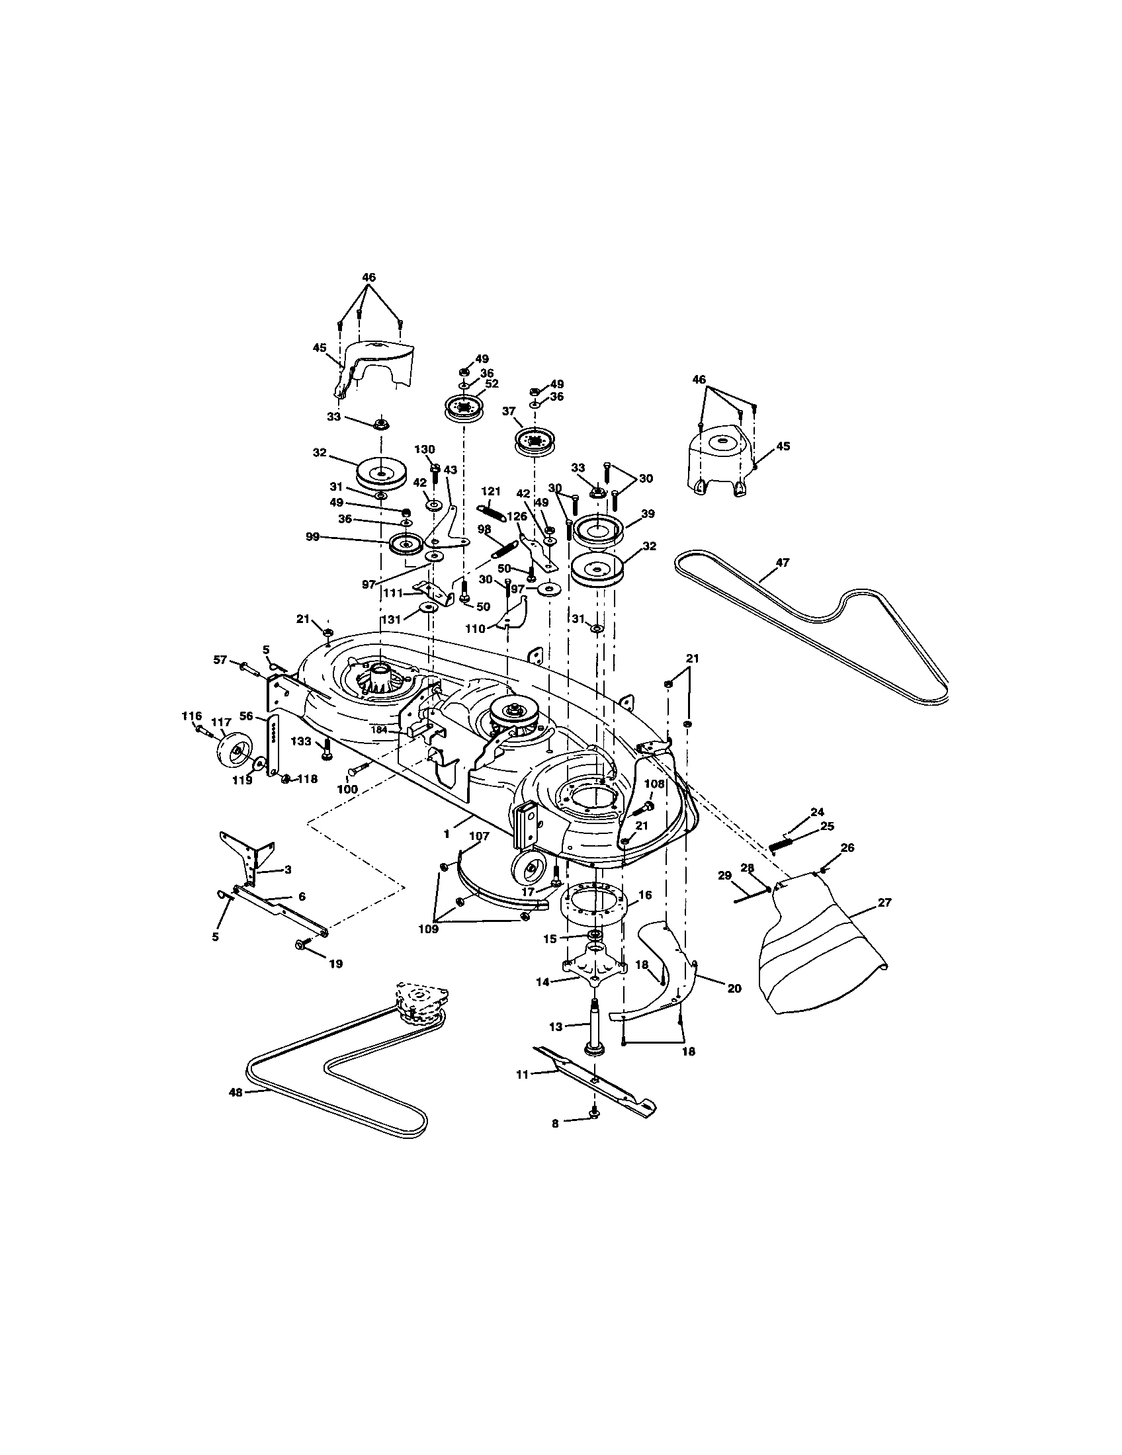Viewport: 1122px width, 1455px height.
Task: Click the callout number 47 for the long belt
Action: pos(782,563)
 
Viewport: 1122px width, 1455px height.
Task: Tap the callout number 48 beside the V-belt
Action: pos(236,1093)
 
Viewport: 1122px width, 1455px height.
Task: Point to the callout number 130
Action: pos(425,450)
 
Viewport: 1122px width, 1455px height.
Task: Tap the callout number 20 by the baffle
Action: pos(734,989)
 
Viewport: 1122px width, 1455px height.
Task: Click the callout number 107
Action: pos(480,835)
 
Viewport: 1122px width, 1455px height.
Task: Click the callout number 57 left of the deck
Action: pos(220,659)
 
